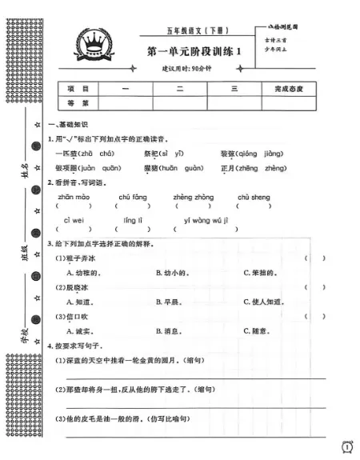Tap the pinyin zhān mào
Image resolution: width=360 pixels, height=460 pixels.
(x=74, y=196)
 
